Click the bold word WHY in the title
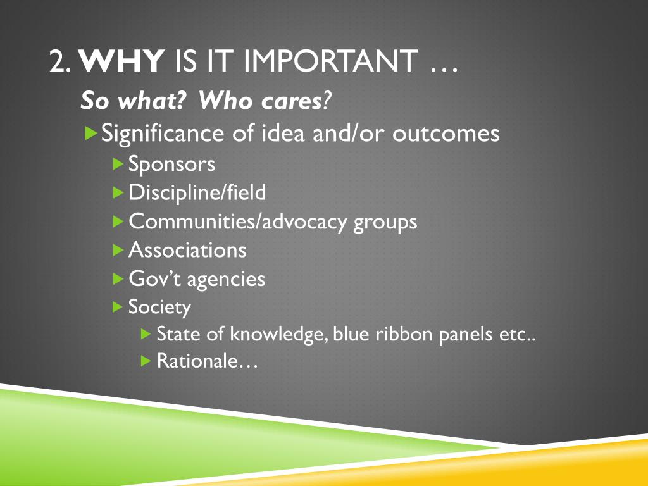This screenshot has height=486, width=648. pos(122,61)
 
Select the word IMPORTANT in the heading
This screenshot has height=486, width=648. pos(330,61)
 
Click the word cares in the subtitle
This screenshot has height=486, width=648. pos(291,101)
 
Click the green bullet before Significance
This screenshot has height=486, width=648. pos(91,133)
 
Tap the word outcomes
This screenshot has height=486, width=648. pos(446,134)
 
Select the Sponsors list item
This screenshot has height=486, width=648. pos(171,164)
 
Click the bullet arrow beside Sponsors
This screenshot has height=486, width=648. pos(118,164)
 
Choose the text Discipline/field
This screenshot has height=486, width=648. pos(197,192)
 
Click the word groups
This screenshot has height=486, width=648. pos(385,222)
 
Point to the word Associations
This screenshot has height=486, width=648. pos(187,250)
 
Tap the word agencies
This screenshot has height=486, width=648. pos(226,280)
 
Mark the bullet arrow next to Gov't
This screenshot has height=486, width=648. pos(118,279)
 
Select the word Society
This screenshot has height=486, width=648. pos(159,307)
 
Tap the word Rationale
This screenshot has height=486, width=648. pos(197,361)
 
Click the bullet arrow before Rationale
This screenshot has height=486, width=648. pos(146,361)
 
